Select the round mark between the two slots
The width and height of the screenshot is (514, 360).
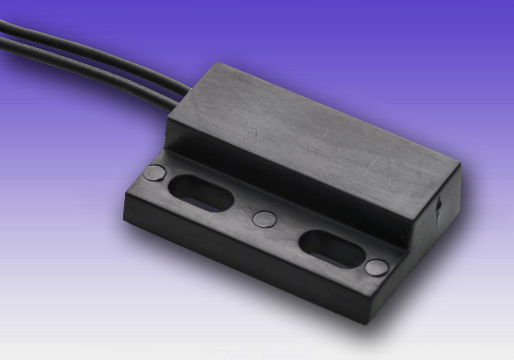[265, 219]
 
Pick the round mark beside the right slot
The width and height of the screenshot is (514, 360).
[377, 268]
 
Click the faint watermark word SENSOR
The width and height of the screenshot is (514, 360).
[285, 354]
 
